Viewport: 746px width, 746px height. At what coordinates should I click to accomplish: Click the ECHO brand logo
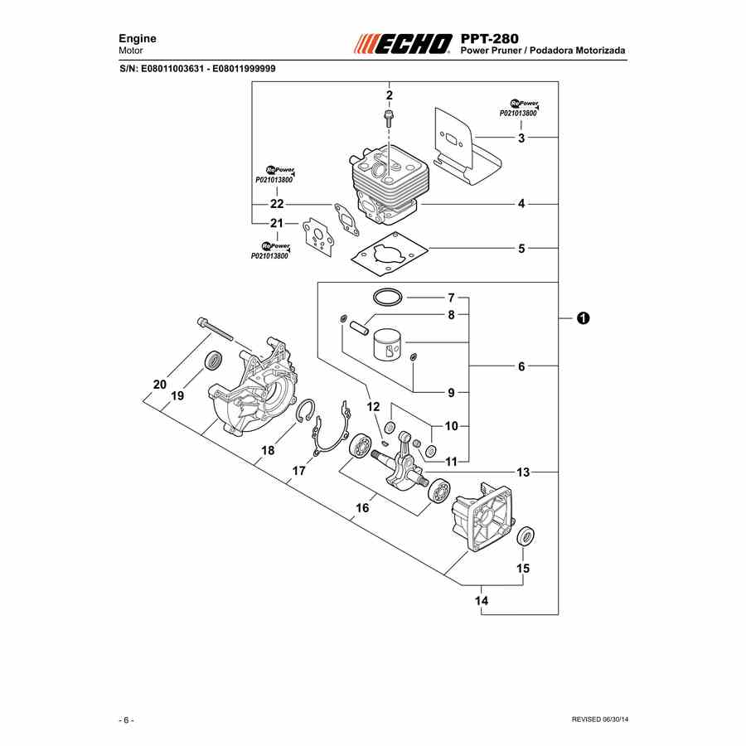[403, 44]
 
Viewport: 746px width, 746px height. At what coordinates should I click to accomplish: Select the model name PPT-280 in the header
[490, 38]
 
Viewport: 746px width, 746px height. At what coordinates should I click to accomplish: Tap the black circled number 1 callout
[583, 317]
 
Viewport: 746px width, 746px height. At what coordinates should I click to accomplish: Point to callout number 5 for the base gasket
[521, 249]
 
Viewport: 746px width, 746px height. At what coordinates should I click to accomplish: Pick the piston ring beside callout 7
[388, 298]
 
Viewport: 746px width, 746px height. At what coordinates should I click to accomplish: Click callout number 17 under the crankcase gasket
[298, 471]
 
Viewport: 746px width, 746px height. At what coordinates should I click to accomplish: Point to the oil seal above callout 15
[526, 536]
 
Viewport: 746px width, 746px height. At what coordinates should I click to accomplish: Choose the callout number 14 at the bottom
[482, 601]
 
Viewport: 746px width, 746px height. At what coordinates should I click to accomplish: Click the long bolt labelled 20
[215, 329]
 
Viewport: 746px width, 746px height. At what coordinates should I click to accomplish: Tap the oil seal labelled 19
[213, 361]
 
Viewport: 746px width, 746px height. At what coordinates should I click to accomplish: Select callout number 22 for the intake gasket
[277, 204]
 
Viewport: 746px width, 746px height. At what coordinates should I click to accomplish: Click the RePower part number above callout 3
[518, 114]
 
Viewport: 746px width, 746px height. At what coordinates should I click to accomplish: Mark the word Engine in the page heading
[138, 38]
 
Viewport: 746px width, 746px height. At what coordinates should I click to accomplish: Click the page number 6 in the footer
[126, 720]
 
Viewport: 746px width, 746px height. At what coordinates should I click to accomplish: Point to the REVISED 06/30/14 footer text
[599, 719]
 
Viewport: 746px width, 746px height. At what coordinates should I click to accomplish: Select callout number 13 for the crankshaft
[523, 472]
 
